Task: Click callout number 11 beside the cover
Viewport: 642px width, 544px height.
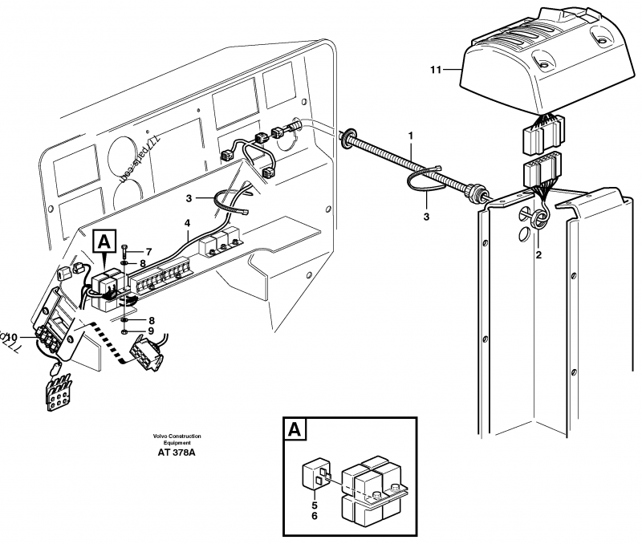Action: tap(435, 71)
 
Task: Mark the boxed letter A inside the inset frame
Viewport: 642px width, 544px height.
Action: tap(295, 431)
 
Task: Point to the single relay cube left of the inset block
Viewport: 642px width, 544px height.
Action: tap(314, 476)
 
